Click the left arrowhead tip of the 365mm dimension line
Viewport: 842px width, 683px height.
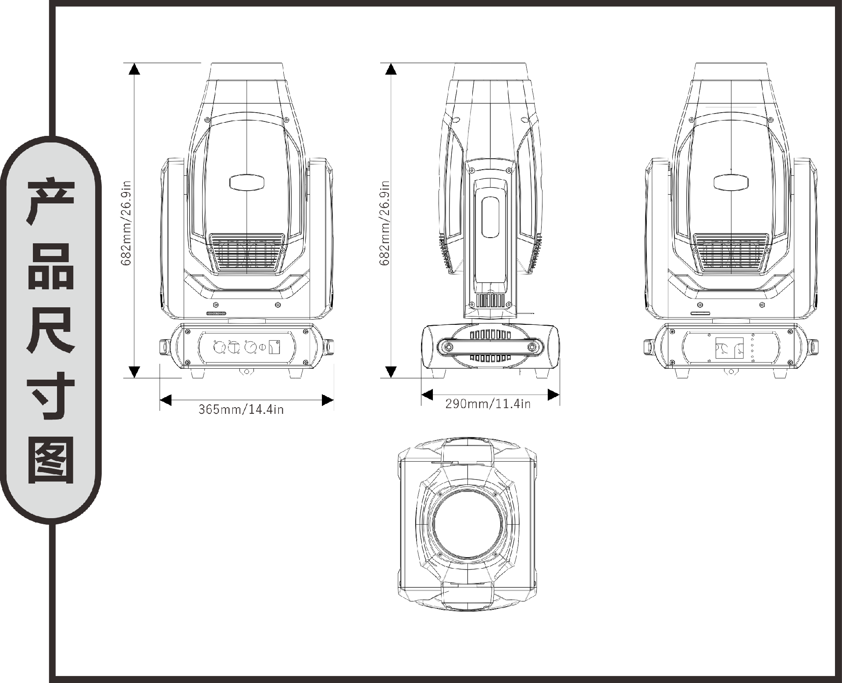(160, 400)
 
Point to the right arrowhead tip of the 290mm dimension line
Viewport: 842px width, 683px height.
(559, 395)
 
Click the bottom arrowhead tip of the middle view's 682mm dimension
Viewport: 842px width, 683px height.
(391, 377)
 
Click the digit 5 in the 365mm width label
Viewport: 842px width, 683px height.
(215, 409)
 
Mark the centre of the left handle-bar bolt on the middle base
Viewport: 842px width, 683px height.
(449, 347)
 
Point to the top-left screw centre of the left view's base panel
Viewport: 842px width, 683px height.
(188, 331)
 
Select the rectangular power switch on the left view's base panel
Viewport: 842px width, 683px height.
(275, 347)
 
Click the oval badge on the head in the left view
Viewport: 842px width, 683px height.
(248, 182)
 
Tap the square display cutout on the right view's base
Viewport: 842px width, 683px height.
(729, 348)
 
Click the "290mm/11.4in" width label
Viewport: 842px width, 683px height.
(488, 404)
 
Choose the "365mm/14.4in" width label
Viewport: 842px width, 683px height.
(241, 409)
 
